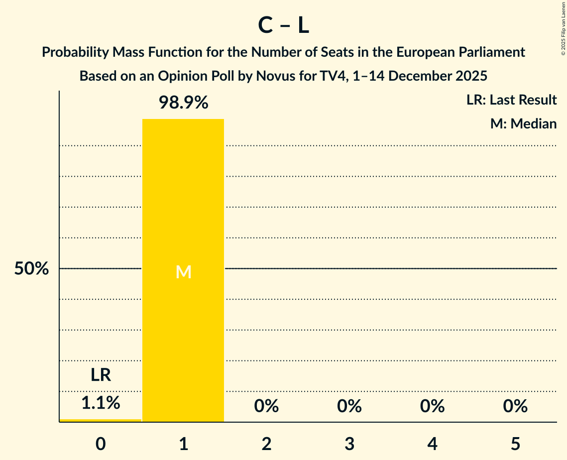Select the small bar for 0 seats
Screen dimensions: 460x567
[x=101, y=420]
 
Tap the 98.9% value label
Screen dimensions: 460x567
[x=183, y=103]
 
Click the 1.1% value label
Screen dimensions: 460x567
[x=101, y=403]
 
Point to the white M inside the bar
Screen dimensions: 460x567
[x=183, y=272]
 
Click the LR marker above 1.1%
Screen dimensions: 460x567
[x=101, y=375]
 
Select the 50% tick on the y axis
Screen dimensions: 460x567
[x=31, y=269]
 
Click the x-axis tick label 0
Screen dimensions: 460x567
[x=101, y=444]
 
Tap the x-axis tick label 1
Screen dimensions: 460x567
[x=183, y=444]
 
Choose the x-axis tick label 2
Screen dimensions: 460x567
[x=266, y=444]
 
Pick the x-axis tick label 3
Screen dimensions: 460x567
[x=349, y=444]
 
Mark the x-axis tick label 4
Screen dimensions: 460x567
[x=432, y=444]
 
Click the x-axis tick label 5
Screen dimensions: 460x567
[x=515, y=444]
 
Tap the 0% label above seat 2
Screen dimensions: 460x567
[x=266, y=406]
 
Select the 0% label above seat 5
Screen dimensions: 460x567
[x=515, y=406]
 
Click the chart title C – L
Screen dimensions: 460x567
[x=283, y=25]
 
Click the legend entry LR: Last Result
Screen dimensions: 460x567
[x=511, y=100]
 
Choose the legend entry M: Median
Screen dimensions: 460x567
[x=523, y=123]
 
